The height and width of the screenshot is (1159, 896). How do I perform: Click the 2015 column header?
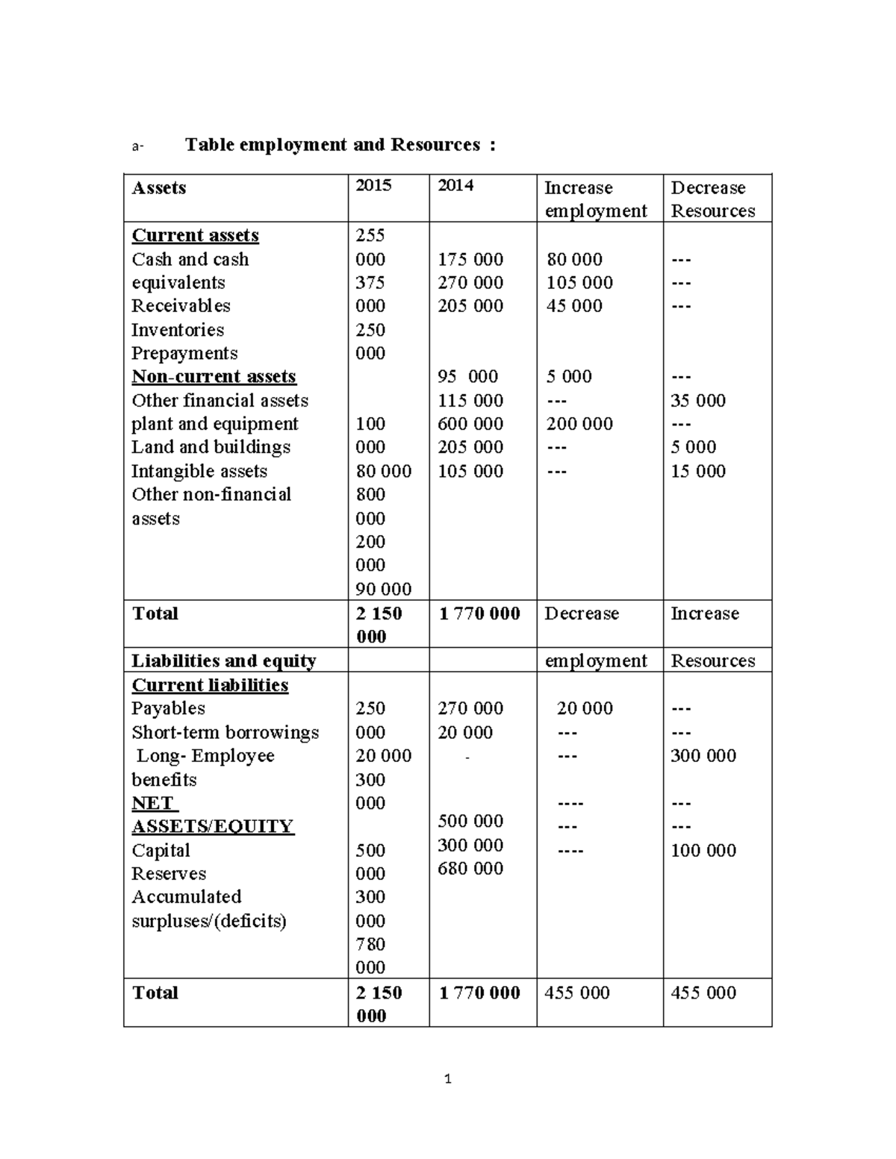tap(373, 186)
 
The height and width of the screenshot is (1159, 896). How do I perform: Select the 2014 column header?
tap(455, 186)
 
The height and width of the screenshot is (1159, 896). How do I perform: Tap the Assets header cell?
tap(159, 188)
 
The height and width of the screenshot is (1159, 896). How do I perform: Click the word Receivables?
tap(181, 306)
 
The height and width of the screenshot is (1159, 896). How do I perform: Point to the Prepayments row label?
tap(184, 353)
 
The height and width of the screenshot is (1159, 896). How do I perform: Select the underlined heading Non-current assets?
tap(214, 377)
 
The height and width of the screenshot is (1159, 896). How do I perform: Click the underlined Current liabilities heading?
tap(210, 685)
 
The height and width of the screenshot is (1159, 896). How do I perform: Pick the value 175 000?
tap(470, 260)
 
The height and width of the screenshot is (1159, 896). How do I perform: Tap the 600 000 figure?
tap(470, 424)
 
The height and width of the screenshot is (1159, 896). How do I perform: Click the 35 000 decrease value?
tap(698, 401)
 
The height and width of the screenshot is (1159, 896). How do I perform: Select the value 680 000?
tap(470, 869)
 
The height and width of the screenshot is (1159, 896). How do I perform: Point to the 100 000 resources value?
tap(703, 851)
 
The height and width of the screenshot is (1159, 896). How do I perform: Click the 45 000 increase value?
tap(574, 306)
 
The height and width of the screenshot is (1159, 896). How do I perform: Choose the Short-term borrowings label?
tap(225, 733)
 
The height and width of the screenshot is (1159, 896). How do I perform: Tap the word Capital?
tap(161, 851)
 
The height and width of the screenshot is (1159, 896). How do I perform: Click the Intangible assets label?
tap(199, 472)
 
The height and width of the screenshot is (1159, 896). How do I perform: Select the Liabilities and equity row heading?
tap(224, 661)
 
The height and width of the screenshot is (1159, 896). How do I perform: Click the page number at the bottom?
tap(447, 1079)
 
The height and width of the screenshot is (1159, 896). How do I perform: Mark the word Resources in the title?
tap(435, 145)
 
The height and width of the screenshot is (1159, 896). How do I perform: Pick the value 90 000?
tap(383, 590)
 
